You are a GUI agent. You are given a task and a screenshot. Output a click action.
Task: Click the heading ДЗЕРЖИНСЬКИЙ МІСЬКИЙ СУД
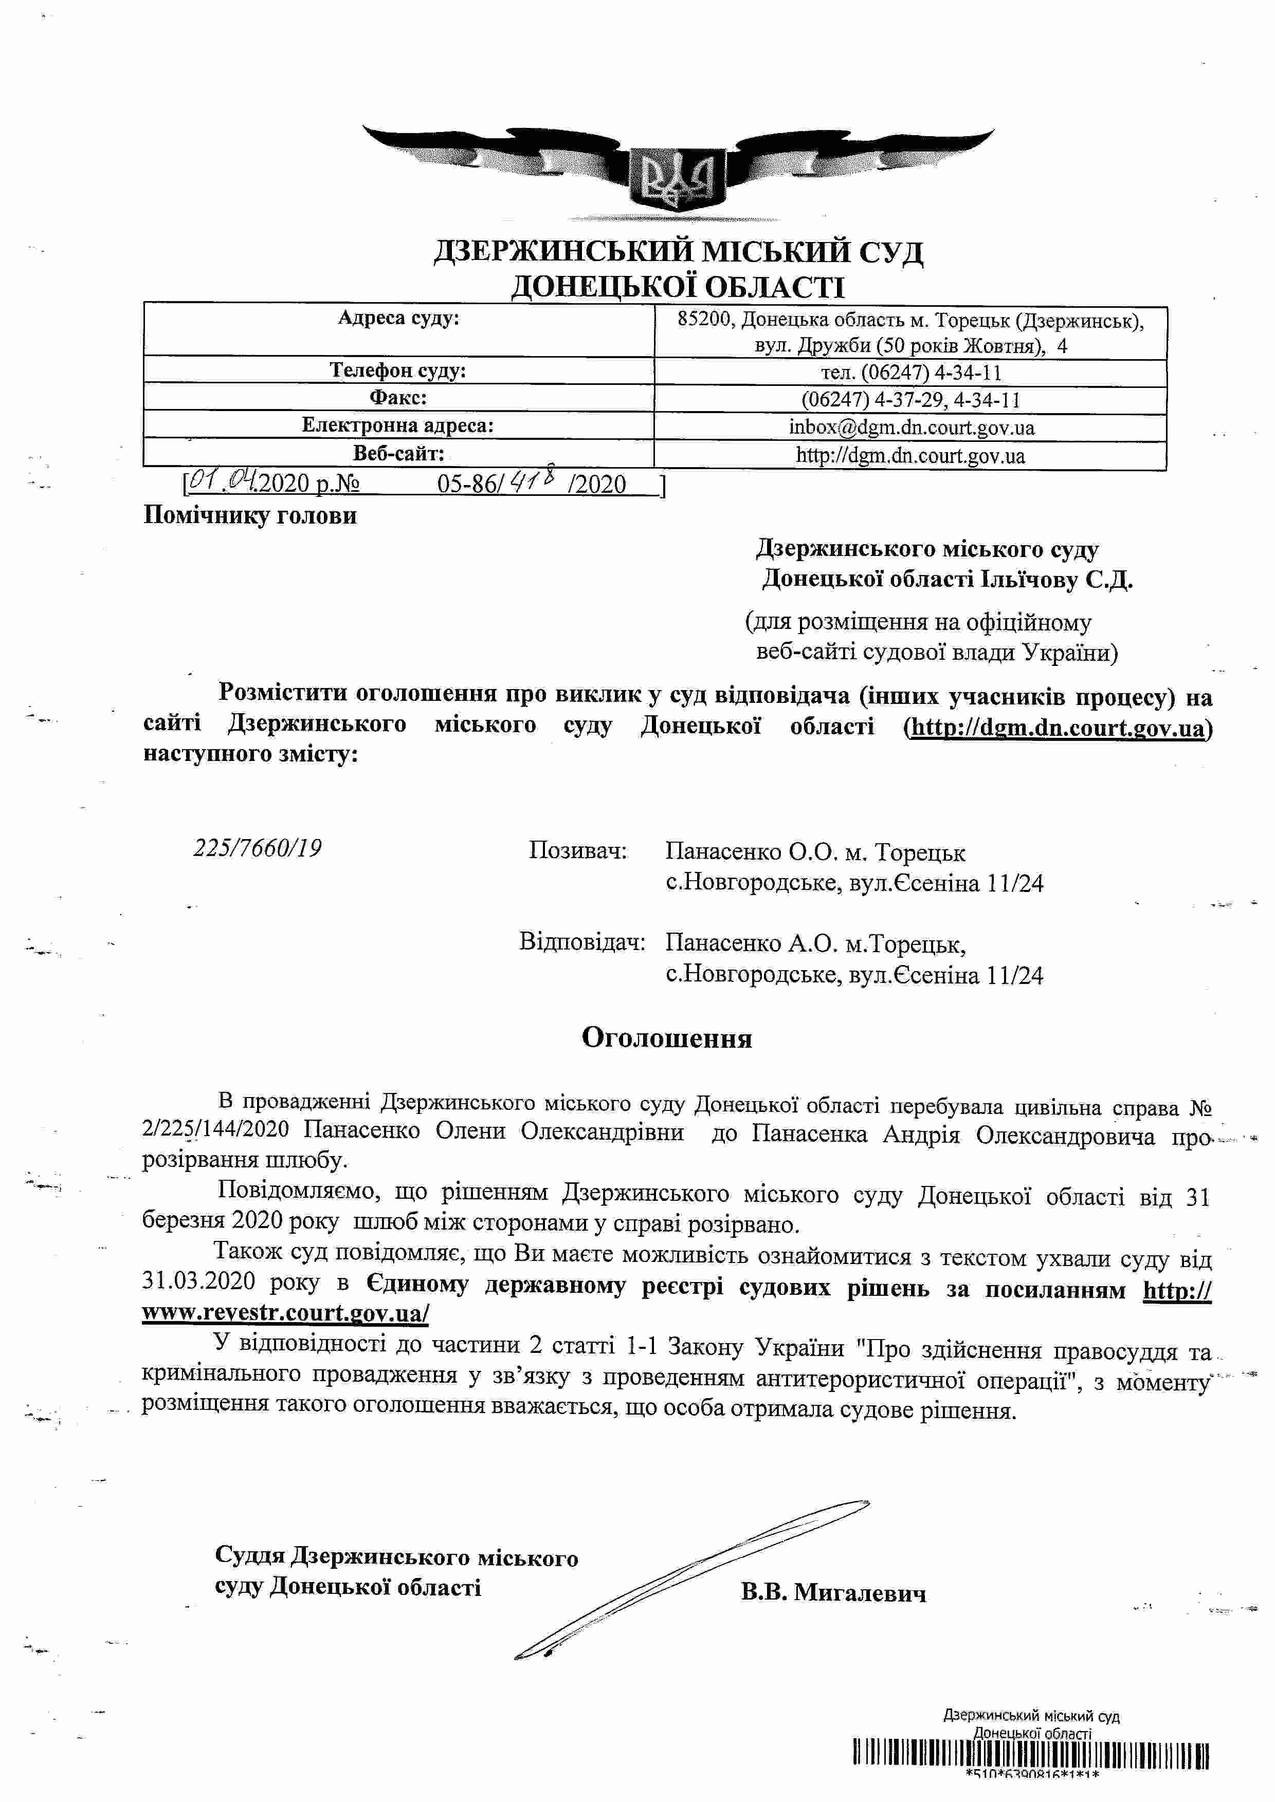pyautogui.click(x=678, y=251)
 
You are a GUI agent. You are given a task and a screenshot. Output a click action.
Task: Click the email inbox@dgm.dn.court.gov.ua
pyautogui.click(x=910, y=428)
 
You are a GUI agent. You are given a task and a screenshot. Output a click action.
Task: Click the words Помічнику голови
pyautogui.click(x=250, y=516)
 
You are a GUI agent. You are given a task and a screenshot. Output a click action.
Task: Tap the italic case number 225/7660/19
pyautogui.click(x=258, y=848)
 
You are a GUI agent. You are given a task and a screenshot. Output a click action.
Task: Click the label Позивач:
pyautogui.click(x=578, y=851)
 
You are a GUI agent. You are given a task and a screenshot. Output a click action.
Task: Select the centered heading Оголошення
pyautogui.click(x=667, y=1038)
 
